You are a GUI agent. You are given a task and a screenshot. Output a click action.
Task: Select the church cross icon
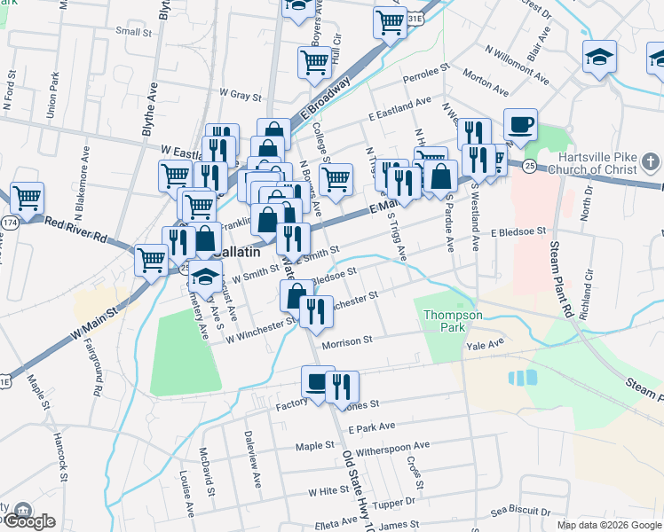point(651,162)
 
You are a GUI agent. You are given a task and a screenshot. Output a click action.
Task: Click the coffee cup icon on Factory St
point(317,382)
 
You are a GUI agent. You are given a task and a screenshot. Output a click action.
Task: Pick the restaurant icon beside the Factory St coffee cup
point(342,387)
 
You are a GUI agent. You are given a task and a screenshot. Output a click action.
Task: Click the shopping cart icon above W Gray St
point(313,63)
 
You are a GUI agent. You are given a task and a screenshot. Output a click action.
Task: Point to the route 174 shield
point(10,220)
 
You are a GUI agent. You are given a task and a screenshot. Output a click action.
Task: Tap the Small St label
point(133,32)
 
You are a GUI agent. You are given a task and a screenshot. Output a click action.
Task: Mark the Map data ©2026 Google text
point(608,525)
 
